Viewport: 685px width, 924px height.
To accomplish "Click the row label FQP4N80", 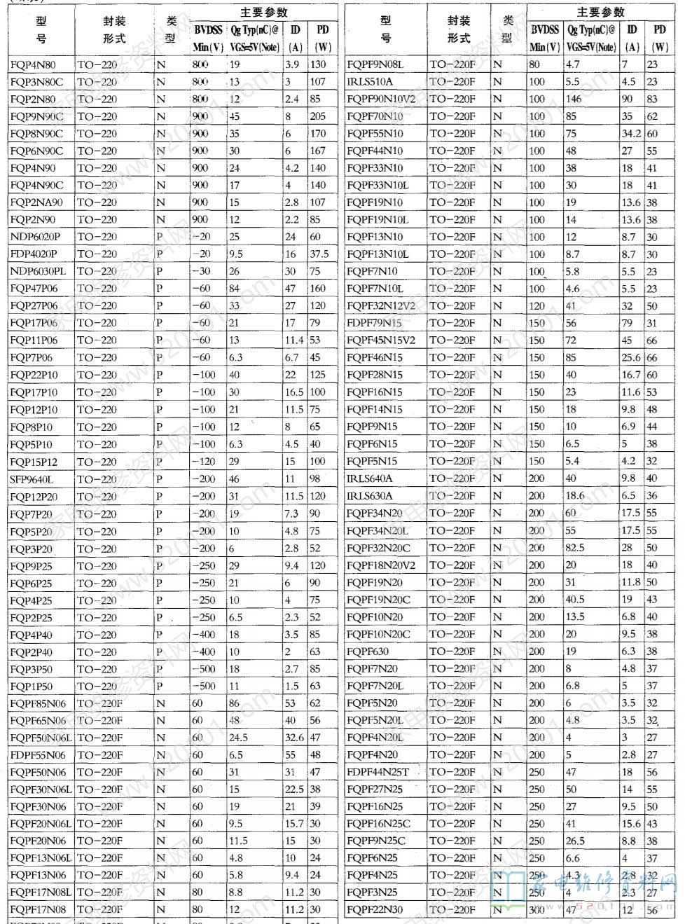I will (33, 64).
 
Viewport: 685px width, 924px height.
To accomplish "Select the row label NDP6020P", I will (36, 237).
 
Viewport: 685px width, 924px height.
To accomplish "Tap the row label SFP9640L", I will (32, 479).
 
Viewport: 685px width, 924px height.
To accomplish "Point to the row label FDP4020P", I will (34, 254).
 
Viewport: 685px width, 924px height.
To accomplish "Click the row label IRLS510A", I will (370, 82).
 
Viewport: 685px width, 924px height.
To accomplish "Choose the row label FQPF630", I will (368, 651).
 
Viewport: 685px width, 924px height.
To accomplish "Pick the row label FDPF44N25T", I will (378, 772).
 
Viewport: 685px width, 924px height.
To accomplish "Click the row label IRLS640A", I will (370, 478).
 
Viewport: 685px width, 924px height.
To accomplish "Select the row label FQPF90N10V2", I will (381, 99).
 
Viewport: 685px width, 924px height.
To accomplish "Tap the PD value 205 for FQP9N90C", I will (318, 116).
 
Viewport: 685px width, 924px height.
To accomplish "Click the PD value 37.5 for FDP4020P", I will (319, 254).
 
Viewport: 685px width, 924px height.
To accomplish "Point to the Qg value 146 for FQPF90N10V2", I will (574, 99).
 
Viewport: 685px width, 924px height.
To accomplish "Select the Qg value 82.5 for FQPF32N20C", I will (575, 548).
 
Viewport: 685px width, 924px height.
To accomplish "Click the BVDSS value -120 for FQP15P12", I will (204, 462).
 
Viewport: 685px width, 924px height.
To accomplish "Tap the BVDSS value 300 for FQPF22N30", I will (537, 910).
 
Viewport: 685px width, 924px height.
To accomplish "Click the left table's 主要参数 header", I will (263, 13).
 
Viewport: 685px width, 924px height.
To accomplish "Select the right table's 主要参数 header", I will (600, 12).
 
